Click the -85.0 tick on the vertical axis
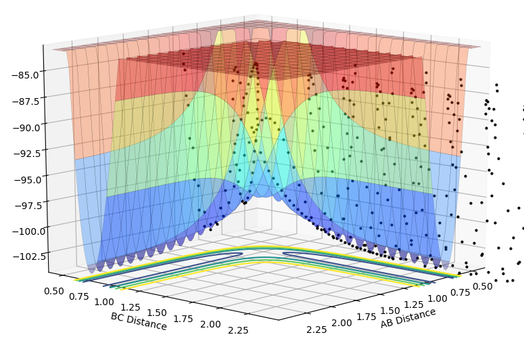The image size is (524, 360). click(24, 71)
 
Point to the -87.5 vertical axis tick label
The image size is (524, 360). click(24, 99)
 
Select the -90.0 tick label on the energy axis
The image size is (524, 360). click(24, 126)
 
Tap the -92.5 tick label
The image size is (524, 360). click(24, 153)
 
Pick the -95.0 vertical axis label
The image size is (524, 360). click(24, 179)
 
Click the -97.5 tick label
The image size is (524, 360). click(25, 205)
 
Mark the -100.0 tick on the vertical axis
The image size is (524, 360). click(23, 231)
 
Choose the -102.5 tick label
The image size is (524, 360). click(25, 256)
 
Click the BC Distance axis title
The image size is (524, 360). click(139, 321)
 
